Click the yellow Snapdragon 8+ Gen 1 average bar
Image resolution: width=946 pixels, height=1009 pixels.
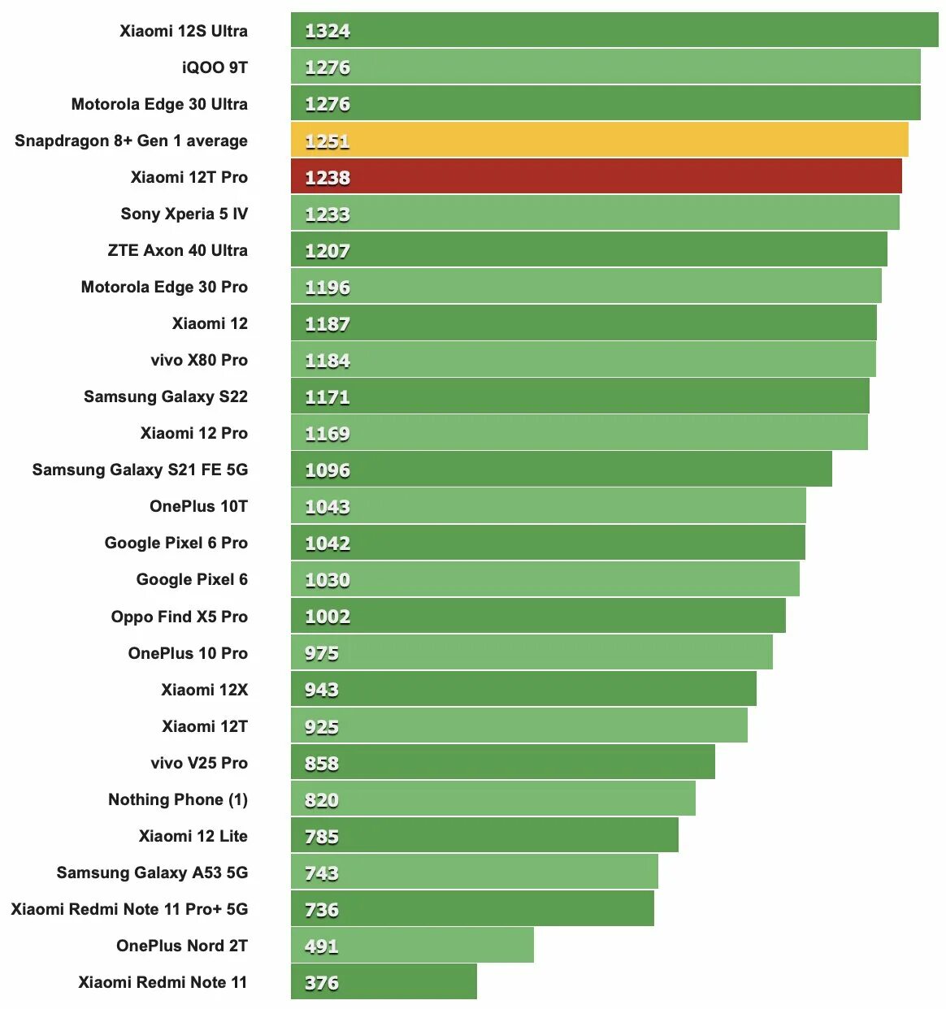pyautogui.click(x=599, y=140)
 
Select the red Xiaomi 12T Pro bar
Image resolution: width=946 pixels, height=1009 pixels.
pyautogui.click(x=596, y=176)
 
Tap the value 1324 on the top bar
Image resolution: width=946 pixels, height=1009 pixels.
pyautogui.click(x=327, y=31)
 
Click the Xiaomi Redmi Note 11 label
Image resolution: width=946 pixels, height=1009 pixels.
pyautogui.click(x=163, y=982)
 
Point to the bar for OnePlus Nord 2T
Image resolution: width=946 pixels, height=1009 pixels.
pyautogui.click(x=412, y=946)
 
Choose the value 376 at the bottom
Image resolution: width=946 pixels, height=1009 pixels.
pyautogui.click(x=321, y=983)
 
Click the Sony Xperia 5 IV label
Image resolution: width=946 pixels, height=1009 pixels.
pyautogui.click(x=184, y=214)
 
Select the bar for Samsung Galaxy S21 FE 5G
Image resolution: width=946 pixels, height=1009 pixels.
pyautogui.click(x=561, y=470)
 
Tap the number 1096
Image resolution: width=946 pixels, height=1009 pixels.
pyautogui.click(x=327, y=470)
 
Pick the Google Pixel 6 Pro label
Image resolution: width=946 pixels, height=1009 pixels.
pyautogui.click(x=176, y=543)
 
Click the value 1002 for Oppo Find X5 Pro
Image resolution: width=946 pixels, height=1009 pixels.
pyautogui.click(x=327, y=617)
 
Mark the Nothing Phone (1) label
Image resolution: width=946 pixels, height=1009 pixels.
pyautogui.click(x=177, y=799)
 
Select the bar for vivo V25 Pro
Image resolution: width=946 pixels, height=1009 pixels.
pyautogui.click(x=502, y=762)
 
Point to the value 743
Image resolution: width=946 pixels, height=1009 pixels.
pyautogui.click(x=321, y=873)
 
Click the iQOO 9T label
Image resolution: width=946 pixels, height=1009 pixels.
pyautogui.click(x=215, y=67)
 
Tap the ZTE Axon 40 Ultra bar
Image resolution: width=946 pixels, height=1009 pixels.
pyautogui.click(x=588, y=249)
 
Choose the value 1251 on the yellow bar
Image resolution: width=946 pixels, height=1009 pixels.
pyautogui.click(x=327, y=141)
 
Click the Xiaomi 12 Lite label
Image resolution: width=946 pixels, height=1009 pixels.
pyautogui.click(x=193, y=836)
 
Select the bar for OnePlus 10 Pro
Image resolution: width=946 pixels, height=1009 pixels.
pyautogui.click(x=532, y=652)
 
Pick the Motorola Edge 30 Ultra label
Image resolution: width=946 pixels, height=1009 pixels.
pyautogui.click(x=159, y=104)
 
